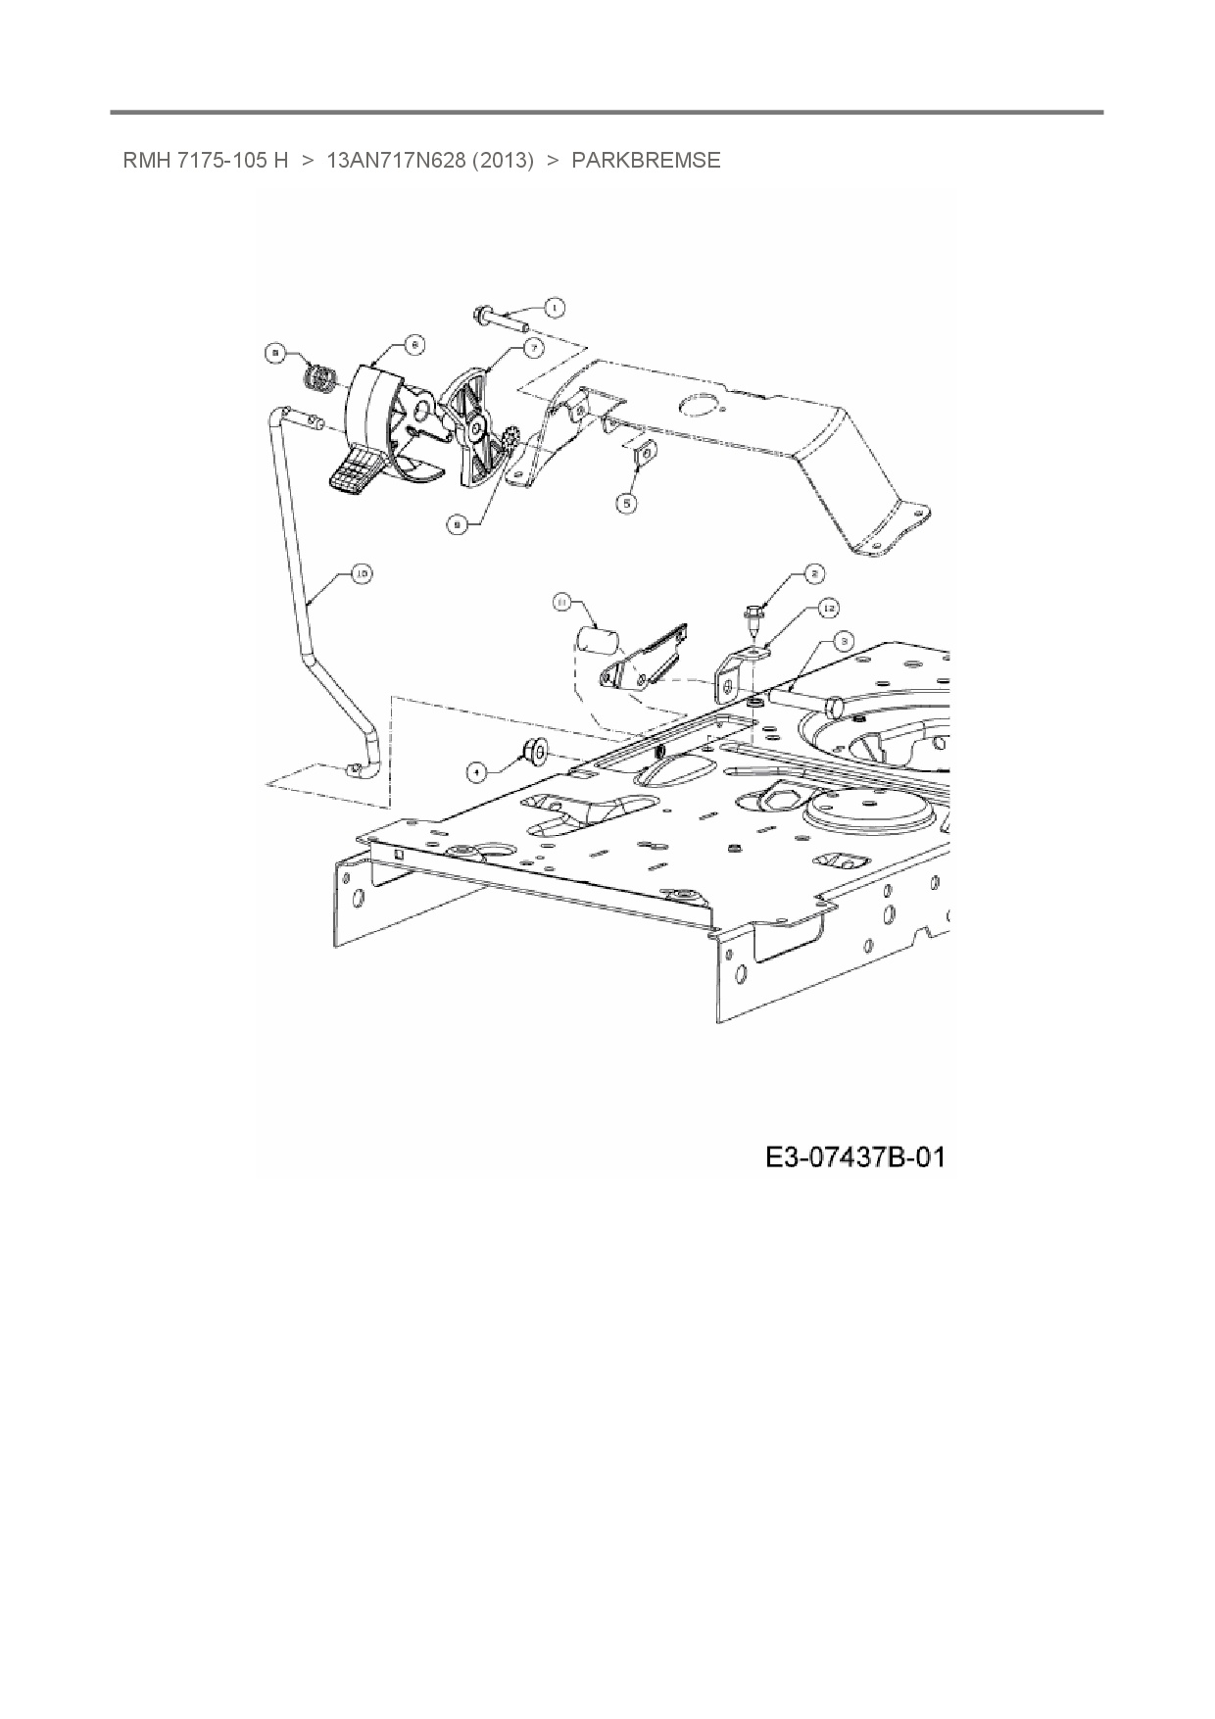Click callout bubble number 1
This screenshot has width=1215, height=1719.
click(x=555, y=308)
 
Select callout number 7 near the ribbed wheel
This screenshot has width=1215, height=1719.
click(x=534, y=347)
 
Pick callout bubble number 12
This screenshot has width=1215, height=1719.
click(x=829, y=609)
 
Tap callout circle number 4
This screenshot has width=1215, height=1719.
click(x=477, y=772)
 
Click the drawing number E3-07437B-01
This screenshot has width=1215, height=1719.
click(x=854, y=1157)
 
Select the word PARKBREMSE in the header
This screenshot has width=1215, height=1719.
click(x=646, y=161)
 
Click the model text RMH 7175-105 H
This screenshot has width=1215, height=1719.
click(x=206, y=161)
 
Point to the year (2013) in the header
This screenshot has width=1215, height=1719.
click(x=503, y=161)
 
